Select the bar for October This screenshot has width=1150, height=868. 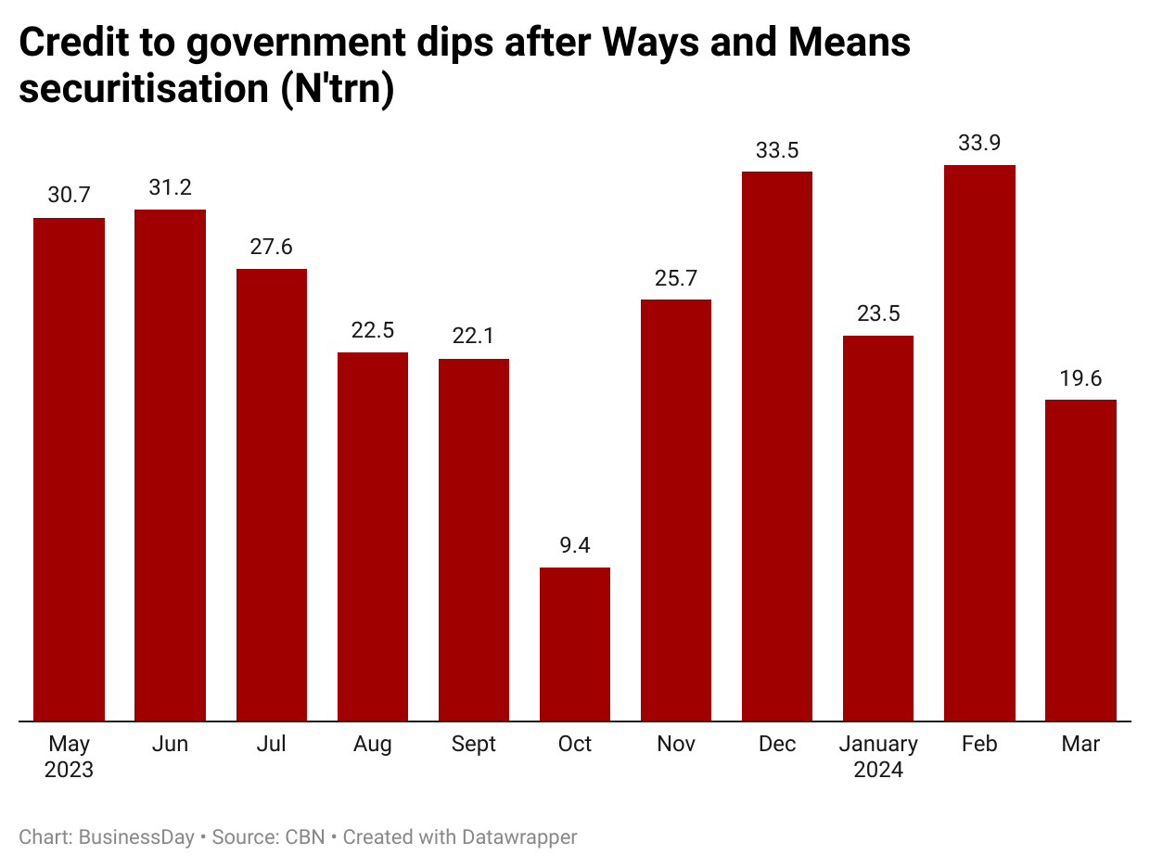pos(575,644)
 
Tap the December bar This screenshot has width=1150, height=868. pos(777,446)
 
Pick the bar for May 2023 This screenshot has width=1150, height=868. pos(70,469)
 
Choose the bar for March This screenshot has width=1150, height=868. pos(1080,560)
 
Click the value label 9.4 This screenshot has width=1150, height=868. pos(575,545)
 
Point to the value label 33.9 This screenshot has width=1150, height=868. pos(979,143)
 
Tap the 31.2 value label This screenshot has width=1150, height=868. pos(171,187)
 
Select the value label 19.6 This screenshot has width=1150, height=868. pos(1080,377)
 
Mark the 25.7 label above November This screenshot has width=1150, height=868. pos(676,277)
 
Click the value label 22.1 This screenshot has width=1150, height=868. pos(474,337)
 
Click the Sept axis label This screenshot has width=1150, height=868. pos(474,745)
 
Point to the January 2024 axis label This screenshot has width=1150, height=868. pos(878,757)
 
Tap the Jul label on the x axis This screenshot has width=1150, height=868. pos(272,745)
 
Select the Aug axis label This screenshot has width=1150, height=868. pos(373,745)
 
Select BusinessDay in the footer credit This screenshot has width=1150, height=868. pos(137,837)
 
